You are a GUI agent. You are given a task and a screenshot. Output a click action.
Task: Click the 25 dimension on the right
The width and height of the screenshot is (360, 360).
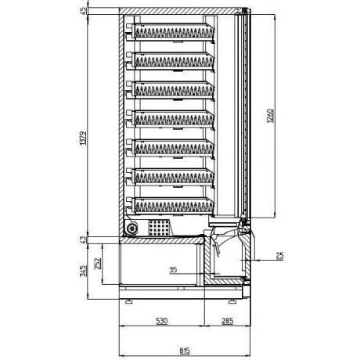pyautogui.click(x=280, y=256)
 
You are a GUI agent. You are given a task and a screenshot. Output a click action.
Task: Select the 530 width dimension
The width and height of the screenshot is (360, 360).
pyautogui.click(x=161, y=320)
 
